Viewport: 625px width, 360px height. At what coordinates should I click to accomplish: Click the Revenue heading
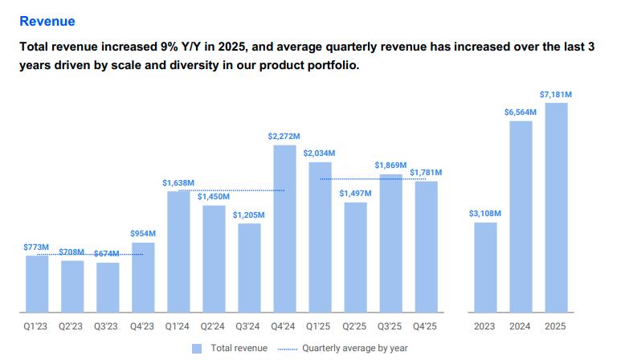47,21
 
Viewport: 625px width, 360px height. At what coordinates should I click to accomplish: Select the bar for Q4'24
284,229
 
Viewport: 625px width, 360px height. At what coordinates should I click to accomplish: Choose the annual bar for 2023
485,268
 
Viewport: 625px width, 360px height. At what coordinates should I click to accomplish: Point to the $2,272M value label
284,137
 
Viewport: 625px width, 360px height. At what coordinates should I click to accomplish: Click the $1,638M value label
178,183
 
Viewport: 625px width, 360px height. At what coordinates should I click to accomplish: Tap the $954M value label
143,234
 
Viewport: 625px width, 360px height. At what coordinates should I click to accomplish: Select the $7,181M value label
556,95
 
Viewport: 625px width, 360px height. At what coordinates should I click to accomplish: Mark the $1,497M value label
355,194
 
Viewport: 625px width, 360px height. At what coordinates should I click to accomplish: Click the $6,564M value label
521,112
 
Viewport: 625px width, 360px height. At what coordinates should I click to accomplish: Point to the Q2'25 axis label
355,327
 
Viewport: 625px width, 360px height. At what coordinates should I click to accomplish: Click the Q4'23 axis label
143,327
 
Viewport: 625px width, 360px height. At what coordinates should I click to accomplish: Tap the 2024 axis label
521,327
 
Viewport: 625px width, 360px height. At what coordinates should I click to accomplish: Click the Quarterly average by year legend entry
353,349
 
